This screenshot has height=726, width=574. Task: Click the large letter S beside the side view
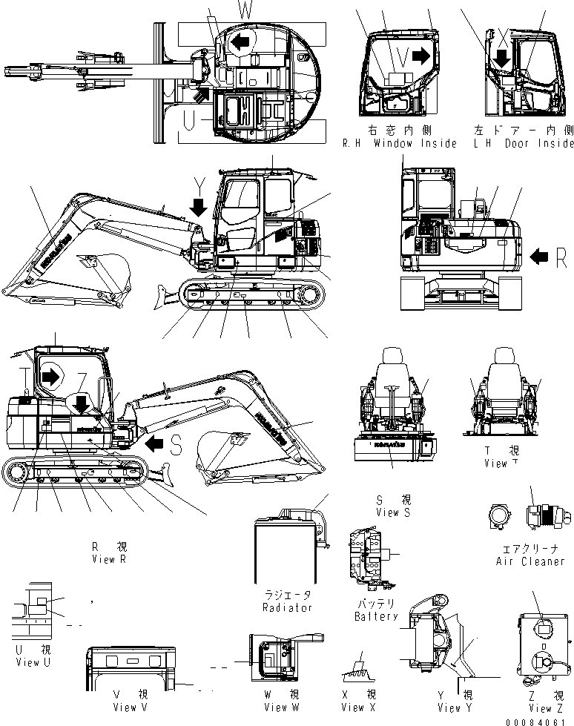(176, 444)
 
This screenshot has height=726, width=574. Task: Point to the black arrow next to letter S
(154, 443)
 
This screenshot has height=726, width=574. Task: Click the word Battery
(376, 616)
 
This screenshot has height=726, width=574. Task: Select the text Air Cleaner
(530, 561)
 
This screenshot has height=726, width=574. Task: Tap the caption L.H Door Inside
(524, 142)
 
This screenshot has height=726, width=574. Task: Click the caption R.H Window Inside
(399, 142)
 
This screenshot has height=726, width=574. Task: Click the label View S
(388, 512)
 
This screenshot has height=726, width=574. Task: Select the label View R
(104, 559)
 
